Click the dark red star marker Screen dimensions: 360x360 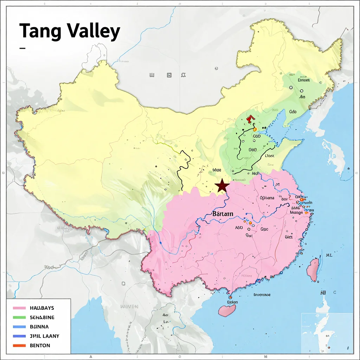222,185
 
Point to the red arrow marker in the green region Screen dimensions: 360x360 250,119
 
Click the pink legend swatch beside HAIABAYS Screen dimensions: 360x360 19,308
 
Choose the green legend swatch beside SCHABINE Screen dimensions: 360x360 19,317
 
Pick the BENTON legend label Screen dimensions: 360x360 40,346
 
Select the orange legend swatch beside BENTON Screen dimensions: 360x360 19,346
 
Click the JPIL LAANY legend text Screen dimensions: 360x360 45,336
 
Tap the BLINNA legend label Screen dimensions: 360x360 40,327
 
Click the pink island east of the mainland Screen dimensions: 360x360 313,270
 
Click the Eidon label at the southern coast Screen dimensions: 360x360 232,302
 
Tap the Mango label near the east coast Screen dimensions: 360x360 297,212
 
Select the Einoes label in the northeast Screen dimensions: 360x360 304,80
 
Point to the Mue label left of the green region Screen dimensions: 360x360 217,171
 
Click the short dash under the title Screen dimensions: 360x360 22,48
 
